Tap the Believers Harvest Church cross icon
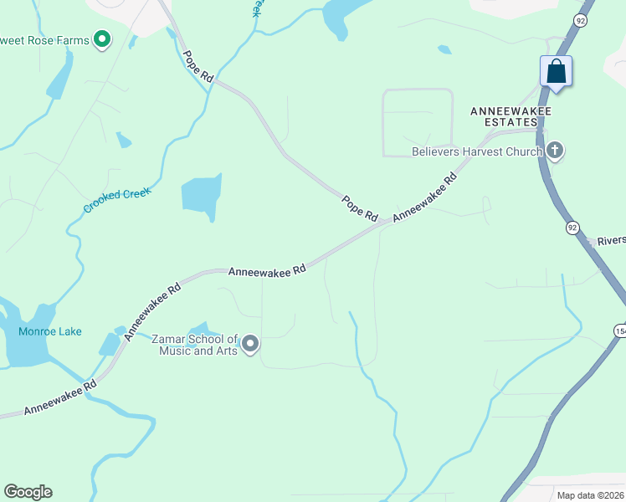(x=554, y=151)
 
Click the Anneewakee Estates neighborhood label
(x=503, y=115)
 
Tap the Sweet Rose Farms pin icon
(x=102, y=38)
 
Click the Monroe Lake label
(x=50, y=331)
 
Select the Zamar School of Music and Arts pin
(x=250, y=344)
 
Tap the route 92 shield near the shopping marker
(x=579, y=19)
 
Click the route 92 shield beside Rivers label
(x=572, y=227)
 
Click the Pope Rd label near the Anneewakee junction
(x=360, y=208)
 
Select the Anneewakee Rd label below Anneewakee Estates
(x=425, y=196)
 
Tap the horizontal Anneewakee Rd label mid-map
(x=267, y=270)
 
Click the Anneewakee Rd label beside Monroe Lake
(x=153, y=310)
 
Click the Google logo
(x=28, y=491)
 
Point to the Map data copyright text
(x=590, y=495)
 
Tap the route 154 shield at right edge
(x=620, y=330)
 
